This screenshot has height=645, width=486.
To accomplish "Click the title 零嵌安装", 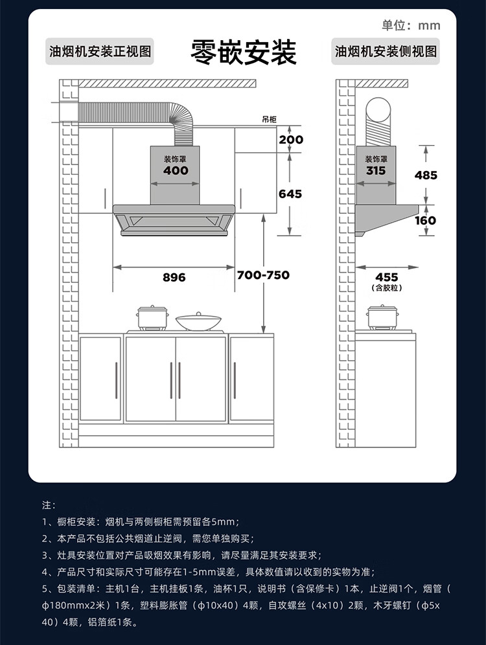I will point(243,52).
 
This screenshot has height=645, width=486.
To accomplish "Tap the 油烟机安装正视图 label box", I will point(100,52).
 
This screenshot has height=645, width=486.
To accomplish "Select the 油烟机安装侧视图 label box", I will point(386,52).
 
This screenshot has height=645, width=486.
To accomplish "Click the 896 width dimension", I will point(174,277).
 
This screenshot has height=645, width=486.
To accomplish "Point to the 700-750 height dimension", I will point(263,275).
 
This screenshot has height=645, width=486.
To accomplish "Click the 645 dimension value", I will point(290,194).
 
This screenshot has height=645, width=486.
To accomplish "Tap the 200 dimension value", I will point(291,140).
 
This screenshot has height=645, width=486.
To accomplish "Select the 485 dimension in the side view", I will point(426,175).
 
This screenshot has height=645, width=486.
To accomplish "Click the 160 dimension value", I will point(425,220).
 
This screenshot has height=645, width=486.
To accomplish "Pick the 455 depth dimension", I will point(387,277).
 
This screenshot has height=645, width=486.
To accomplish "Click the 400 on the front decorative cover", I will point(176,170).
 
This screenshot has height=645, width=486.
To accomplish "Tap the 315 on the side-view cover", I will point(376,170).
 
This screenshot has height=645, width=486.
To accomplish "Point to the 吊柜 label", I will point(269,120).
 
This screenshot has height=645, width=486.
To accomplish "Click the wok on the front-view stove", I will point(197,321).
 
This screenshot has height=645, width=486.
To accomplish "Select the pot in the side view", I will point(382,317).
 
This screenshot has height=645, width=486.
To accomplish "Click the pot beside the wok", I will point(153,317).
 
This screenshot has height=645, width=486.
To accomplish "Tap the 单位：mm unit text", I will point(411,26).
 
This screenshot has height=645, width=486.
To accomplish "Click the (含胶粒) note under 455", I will point(387,288).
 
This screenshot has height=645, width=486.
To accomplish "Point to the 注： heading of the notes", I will point(49,504).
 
